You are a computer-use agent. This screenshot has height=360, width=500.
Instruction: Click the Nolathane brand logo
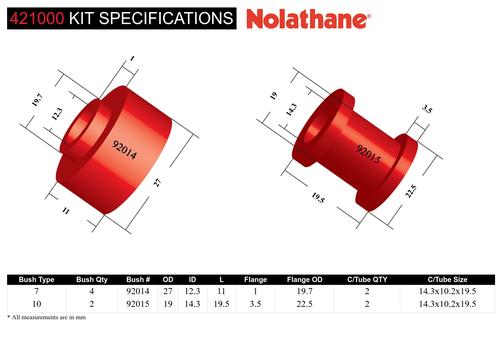308,19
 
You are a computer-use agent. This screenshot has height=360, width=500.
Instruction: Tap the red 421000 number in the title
37,18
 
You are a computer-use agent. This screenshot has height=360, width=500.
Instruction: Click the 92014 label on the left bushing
125,150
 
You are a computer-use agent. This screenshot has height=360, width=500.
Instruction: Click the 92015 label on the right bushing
369,154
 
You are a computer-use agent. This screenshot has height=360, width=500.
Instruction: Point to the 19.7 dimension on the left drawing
37,100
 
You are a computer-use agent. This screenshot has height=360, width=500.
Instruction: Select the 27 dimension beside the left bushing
157,182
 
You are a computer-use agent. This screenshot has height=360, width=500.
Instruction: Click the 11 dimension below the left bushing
66,211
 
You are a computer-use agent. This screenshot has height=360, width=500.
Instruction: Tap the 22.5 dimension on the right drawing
411,191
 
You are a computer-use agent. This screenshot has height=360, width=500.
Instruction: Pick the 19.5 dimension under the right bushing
318,198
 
